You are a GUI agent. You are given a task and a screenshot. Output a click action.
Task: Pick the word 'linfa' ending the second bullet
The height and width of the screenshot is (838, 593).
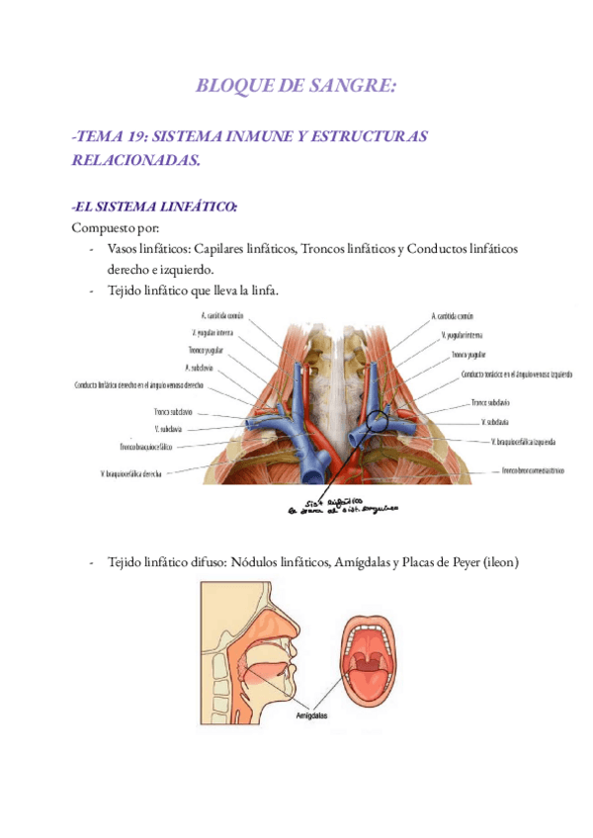[x=263, y=290]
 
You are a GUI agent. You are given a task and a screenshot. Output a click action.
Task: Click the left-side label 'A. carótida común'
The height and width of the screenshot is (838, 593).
[x=218, y=316]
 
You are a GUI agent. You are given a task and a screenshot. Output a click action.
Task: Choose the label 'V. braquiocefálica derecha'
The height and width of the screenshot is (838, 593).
[x=130, y=474]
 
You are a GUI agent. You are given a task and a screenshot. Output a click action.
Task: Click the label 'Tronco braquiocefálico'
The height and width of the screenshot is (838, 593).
[x=147, y=446]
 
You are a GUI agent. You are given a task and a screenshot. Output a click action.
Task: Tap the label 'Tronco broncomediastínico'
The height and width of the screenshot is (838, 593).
[x=533, y=470]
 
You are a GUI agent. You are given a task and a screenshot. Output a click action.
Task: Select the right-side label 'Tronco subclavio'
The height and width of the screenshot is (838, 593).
[x=490, y=402]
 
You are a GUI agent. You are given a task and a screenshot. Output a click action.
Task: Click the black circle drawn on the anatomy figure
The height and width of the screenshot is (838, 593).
[x=379, y=423]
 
